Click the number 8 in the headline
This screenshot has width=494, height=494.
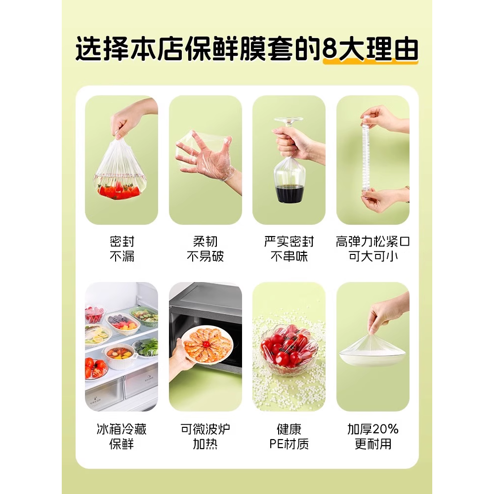331,49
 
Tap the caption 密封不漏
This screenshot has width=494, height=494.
122,248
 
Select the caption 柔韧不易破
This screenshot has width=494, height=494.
205,248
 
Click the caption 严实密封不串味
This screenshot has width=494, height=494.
289,248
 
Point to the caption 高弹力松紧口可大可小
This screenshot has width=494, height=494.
373,248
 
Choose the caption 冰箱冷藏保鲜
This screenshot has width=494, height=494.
122,436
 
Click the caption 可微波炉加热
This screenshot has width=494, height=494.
205,436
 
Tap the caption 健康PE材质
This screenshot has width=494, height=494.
289,436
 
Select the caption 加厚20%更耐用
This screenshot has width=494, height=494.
373,436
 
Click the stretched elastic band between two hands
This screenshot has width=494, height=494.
366,158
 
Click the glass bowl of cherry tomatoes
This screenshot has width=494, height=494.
289,348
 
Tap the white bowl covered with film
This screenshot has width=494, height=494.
371,353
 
